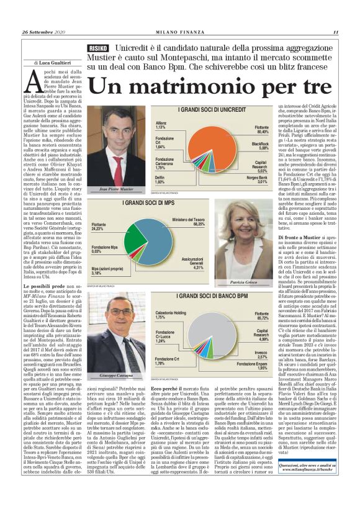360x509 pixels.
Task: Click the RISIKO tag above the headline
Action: click(99, 48)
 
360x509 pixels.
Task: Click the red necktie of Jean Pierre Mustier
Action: click(117, 168)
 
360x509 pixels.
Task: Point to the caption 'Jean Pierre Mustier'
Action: click(117, 189)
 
